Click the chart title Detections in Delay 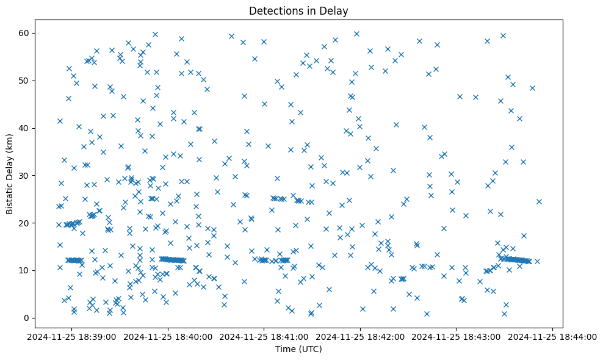tap(298, 10)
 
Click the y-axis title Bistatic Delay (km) tap(10, 174)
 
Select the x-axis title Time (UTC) tap(298, 349)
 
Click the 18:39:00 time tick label tap(73, 337)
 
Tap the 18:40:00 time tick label tap(168, 337)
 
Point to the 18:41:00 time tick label tap(265, 337)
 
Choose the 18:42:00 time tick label tap(361, 337)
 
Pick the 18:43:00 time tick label tap(457, 337)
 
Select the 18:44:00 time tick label tap(553, 337)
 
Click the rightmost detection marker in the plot tap(539, 201)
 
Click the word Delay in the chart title tap(335, 10)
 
